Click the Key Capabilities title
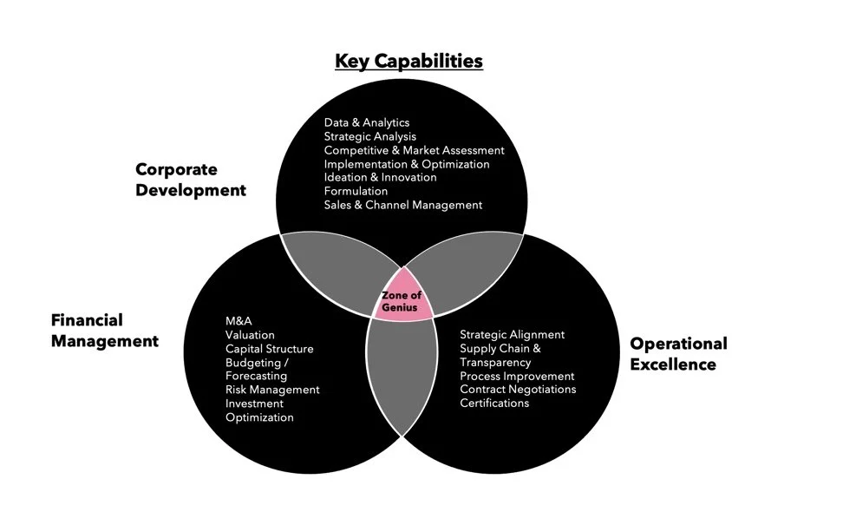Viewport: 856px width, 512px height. [408, 61]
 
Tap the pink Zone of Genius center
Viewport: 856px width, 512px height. [402, 300]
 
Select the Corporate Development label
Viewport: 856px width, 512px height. [191, 180]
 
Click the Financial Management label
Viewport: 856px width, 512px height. [105, 331]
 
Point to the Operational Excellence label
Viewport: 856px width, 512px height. [678, 353]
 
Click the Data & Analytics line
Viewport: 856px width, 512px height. [366, 122]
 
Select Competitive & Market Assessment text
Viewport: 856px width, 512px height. [414, 150]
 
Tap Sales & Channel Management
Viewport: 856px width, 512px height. [402, 205]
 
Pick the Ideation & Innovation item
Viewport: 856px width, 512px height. [380, 177]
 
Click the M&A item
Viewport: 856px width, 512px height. [239, 321]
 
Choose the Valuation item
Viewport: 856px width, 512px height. [250, 335]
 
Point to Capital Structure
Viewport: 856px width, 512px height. [269, 349]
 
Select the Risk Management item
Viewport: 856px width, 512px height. [272, 390]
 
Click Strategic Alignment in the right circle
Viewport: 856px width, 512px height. [512, 334]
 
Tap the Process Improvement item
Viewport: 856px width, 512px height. [517, 376]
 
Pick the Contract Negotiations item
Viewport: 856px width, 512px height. [518, 390]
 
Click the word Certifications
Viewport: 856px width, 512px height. [494, 403]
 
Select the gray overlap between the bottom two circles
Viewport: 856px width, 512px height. [402, 369]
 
